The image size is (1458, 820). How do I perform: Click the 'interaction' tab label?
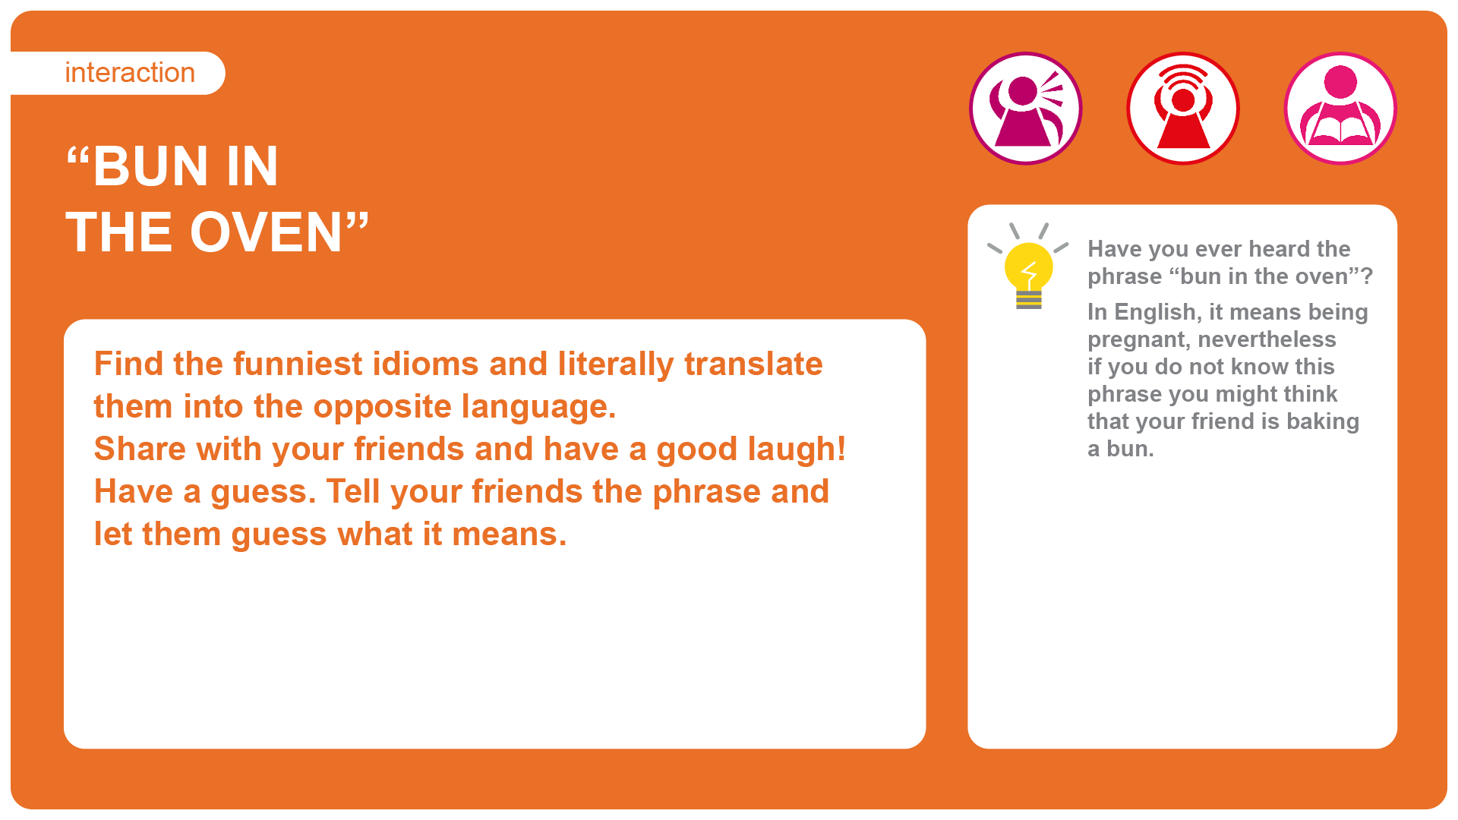(x=130, y=73)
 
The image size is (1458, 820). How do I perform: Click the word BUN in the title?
(x=150, y=166)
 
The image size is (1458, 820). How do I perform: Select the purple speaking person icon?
(x=1026, y=108)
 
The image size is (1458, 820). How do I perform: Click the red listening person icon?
(x=1183, y=108)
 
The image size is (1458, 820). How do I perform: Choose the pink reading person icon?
(x=1340, y=108)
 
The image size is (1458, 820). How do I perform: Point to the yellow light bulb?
(x=1028, y=266)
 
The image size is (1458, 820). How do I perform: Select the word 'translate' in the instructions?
(x=753, y=364)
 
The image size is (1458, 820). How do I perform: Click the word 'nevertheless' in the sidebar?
(x=1267, y=339)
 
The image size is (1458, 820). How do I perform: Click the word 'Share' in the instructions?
(x=140, y=449)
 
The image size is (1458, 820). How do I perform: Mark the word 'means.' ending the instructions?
(x=510, y=535)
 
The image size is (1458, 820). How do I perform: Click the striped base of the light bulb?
(x=1028, y=301)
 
